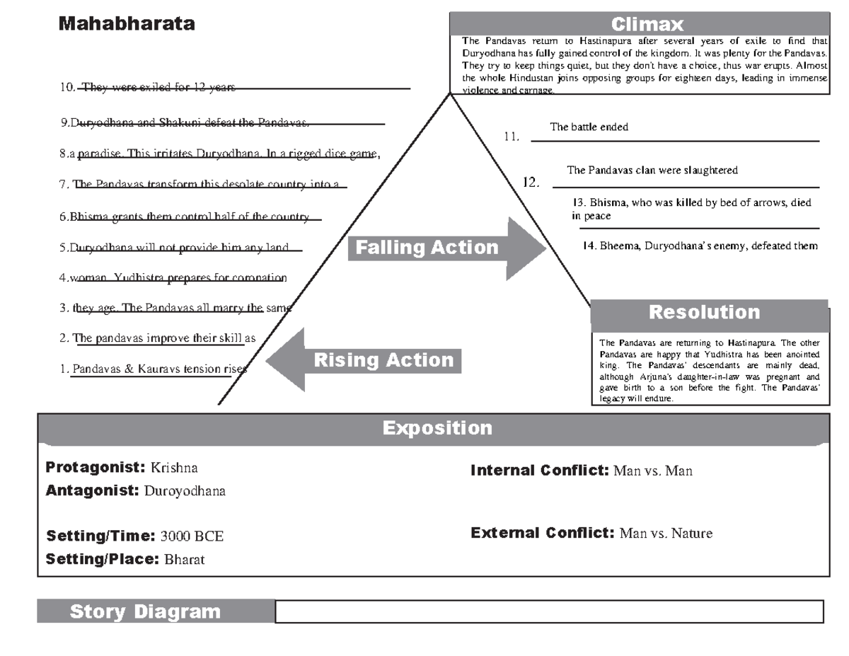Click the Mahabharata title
[x=127, y=24]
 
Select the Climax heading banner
[x=647, y=25]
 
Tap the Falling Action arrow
[x=446, y=248]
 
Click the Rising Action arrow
[x=364, y=359]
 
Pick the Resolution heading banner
[x=704, y=312]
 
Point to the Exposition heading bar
[x=437, y=428]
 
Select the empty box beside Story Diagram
[x=549, y=611]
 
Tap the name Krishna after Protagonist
[x=174, y=468]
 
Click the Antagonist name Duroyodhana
[x=185, y=491]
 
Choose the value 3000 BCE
[x=192, y=536]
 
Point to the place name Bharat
[x=184, y=559]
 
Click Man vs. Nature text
[x=666, y=534]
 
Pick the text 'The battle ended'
[x=589, y=127]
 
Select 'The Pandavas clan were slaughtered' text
[x=652, y=171]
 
